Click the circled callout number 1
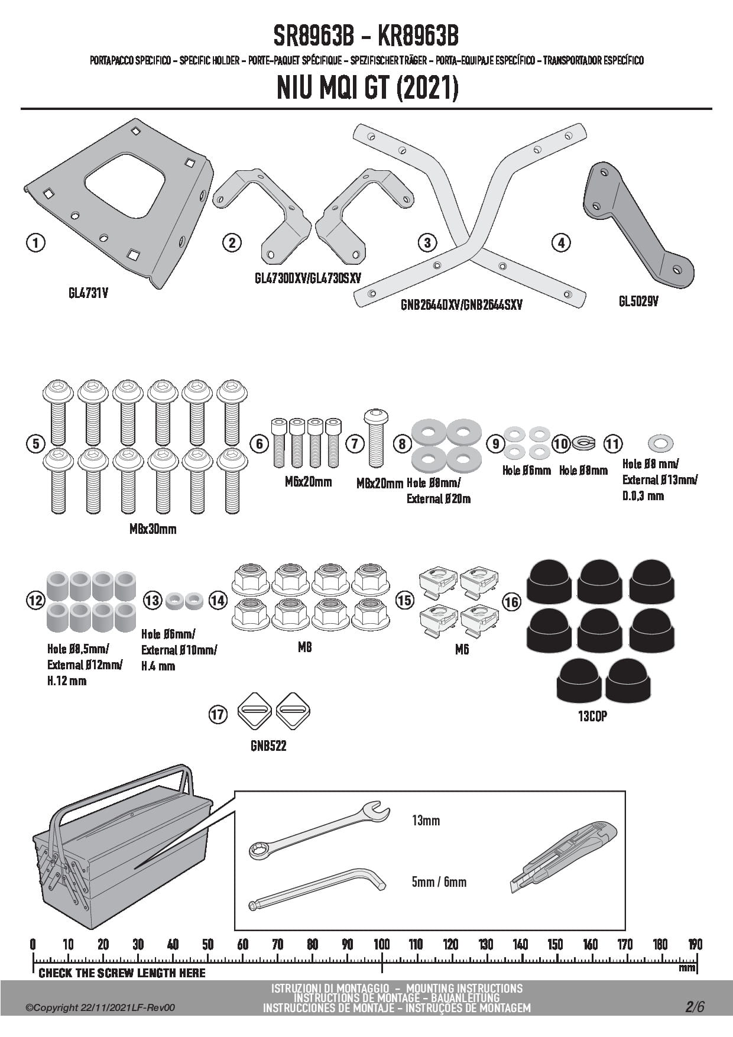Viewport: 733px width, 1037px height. coord(36,242)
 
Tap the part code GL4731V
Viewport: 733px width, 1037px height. coord(88,293)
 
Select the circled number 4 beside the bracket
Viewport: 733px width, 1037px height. coord(560,242)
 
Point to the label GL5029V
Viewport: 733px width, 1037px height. coord(638,302)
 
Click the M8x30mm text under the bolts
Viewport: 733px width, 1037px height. coord(153,529)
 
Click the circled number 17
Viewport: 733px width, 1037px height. coord(218,715)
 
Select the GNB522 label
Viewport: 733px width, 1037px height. coord(268,746)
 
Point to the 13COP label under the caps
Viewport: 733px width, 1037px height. coord(592,716)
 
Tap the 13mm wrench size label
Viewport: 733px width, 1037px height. coord(426,821)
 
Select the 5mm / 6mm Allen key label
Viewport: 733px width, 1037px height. coord(439,882)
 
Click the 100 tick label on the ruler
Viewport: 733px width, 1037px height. coord(382,944)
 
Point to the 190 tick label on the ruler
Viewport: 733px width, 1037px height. coord(695,944)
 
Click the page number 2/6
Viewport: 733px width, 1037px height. coord(695,1007)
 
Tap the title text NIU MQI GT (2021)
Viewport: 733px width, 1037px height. coord(367,89)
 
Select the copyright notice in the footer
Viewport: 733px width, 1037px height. coord(100,1008)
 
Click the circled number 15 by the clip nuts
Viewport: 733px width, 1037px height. coord(404,601)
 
